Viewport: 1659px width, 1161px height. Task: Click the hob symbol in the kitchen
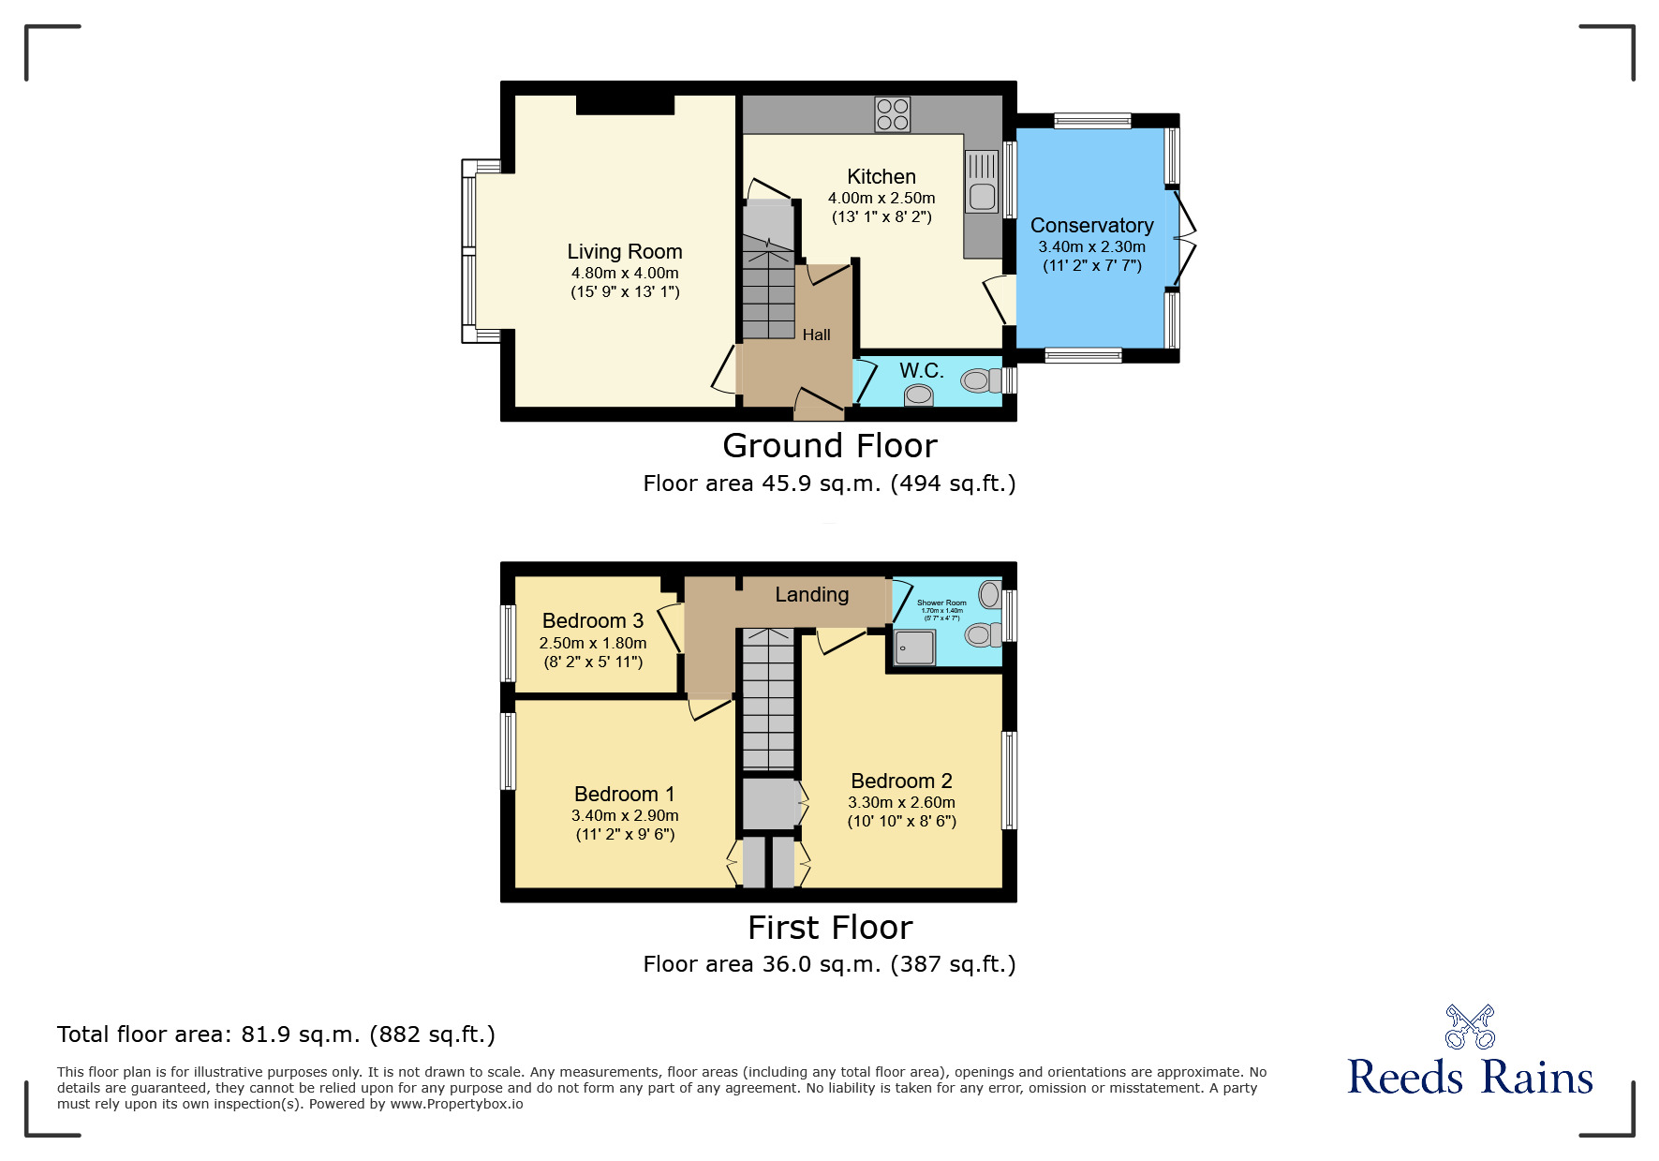(892, 114)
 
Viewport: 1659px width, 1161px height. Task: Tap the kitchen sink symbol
(982, 182)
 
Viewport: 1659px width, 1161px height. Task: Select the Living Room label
(625, 251)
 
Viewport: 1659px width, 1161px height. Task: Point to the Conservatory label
(1091, 226)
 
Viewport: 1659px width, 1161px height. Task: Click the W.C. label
(921, 371)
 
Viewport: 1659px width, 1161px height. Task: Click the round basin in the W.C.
(919, 395)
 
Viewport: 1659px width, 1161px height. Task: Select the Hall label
(816, 335)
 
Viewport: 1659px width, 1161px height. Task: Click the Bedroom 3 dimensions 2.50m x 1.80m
(592, 643)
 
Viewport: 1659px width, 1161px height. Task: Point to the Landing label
(811, 594)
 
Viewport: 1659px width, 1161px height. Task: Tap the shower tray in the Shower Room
(915, 647)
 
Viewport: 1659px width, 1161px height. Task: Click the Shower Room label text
(941, 603)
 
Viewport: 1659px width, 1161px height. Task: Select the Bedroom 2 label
(901, 781)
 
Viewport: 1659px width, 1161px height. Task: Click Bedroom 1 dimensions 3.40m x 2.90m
(625, 815)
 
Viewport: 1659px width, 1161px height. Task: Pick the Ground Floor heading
(829, 446)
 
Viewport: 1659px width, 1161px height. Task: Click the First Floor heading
(829, 928)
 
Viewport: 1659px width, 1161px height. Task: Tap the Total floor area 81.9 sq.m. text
(275, 1034)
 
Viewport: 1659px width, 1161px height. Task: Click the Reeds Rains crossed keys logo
(1470, 1027)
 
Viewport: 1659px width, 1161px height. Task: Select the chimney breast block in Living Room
(625, 104)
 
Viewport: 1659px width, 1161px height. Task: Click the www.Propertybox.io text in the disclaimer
(456, 1104)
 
